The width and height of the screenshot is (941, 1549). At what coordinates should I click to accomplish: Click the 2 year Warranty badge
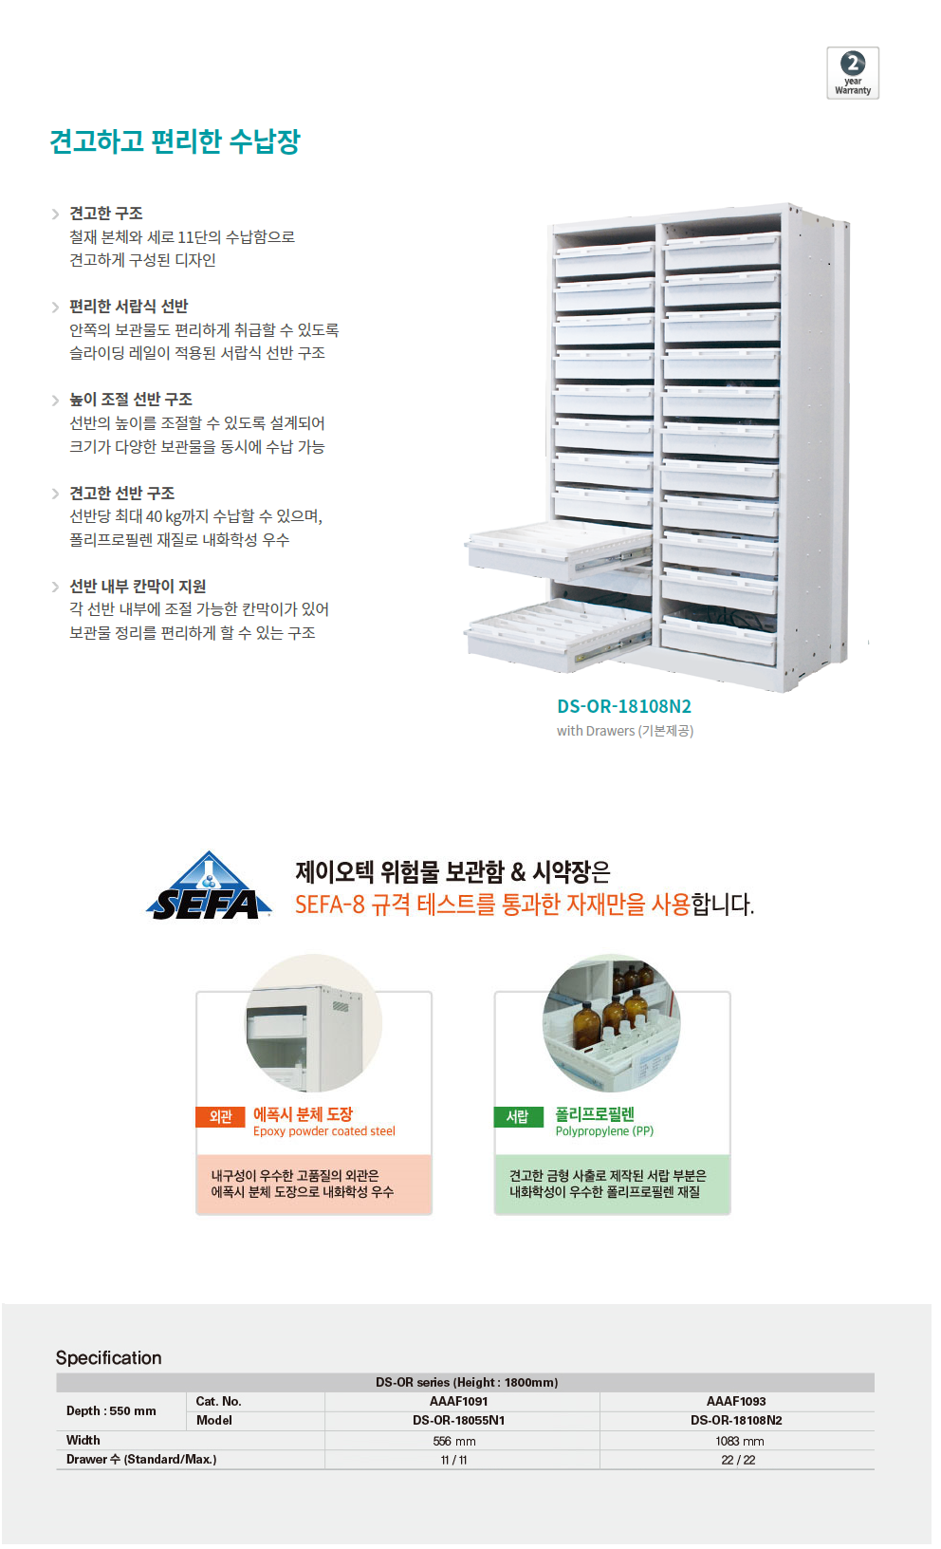[853, 72]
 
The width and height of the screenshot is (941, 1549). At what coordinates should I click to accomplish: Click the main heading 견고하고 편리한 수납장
[175, 141]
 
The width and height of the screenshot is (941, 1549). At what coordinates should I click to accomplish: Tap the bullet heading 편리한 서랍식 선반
[128, 307]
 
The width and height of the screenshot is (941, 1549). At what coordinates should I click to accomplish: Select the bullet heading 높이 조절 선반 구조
[131, 399]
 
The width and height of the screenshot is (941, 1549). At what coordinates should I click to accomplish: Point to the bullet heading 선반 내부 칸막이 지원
[138, 587]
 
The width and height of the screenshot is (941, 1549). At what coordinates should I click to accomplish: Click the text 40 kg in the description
[163, 516]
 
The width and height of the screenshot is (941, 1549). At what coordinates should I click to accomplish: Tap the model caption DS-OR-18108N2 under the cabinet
[624, 706]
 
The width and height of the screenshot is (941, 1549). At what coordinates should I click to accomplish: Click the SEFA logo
[209, 886]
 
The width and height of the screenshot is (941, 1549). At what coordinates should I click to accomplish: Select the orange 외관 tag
[220, 1117]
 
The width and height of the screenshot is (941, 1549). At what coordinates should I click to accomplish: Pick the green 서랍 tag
[518, 1117]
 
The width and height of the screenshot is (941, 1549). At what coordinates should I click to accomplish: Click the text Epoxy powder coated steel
[324, 1131]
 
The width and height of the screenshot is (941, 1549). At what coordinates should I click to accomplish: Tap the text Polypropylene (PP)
[604, 1131]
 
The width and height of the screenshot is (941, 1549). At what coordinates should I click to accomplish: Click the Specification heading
[108, 1357]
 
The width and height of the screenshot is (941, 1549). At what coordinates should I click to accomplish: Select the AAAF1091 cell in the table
[459, 1401]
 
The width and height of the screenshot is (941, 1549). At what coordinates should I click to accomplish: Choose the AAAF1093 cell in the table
[736, 1401]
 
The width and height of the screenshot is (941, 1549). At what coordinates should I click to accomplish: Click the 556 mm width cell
[454, 1441]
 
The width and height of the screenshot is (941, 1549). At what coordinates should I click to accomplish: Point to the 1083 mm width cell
[739, 1441]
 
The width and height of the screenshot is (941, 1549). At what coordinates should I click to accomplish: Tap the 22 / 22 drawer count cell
[738, 1460]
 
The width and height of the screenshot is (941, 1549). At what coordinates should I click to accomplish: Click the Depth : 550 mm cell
[111, 1410]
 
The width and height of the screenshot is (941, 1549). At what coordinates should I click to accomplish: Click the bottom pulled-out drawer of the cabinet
[558, 636]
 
